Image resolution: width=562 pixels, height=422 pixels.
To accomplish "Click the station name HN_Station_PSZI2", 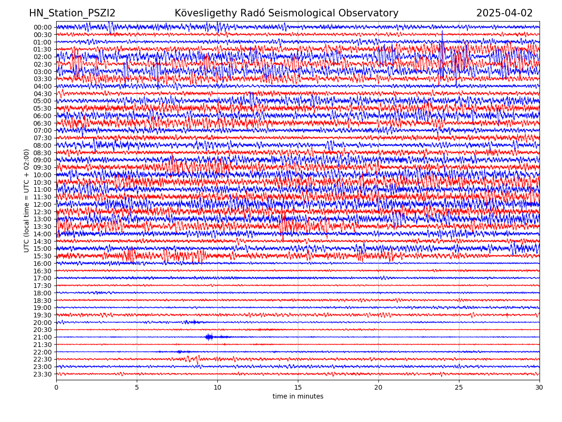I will point(72,13).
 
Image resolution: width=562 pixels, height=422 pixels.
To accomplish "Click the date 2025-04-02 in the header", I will point(504,13).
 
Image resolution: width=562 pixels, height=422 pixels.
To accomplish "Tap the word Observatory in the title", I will point(372,13).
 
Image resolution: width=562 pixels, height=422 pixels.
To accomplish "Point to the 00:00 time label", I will point(42,27).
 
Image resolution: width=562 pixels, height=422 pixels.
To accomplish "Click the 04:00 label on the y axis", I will point(42,86).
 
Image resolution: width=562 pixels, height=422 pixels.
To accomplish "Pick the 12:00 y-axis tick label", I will point(42,204).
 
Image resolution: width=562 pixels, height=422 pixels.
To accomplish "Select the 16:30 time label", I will point(42,271).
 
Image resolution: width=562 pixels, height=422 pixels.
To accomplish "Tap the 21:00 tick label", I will point(42,337).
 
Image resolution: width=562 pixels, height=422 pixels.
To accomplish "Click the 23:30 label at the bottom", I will point(42,374).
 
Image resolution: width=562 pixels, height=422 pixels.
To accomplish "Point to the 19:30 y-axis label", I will point(42,315).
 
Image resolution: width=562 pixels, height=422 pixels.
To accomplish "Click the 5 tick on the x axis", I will point(137,388).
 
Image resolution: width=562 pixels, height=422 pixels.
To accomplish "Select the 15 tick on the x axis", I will point(298,388).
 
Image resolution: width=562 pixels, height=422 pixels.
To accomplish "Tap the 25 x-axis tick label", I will point(459,388).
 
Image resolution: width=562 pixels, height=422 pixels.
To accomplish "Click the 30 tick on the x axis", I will point(540,388).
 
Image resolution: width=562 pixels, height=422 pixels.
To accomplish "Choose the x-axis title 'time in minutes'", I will point(298,397).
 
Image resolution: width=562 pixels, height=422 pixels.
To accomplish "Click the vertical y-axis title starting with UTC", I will point(27,201).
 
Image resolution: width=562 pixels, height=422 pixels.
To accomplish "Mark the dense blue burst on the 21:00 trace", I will point(209,337).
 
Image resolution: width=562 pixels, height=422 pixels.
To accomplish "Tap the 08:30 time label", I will point(42,153).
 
